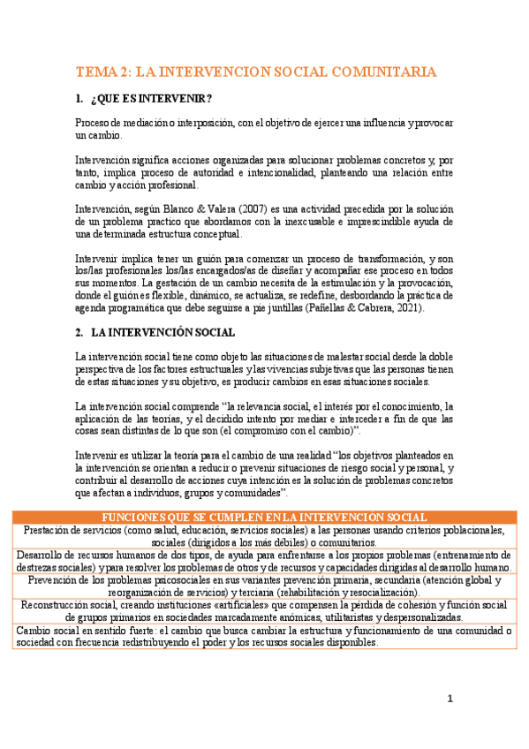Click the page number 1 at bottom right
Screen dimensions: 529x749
pos(450,699)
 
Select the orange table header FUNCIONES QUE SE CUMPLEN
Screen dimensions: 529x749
pos(264,517)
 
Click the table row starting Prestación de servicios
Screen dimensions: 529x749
pos(264,536)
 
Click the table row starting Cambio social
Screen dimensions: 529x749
pos(264,636)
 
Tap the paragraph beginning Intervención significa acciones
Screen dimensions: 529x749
pos(264,172)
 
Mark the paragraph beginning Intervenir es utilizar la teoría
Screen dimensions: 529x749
pos(264,473)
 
